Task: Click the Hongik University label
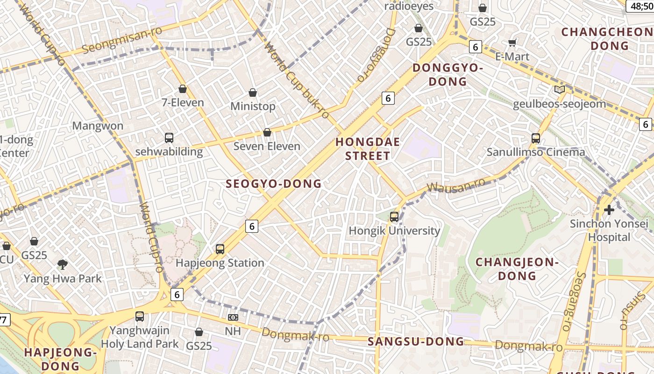click(x=395, y=231)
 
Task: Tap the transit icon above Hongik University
click(x=394, y=217)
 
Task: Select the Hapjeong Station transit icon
click(x=220, y=249)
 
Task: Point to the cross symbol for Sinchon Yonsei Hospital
click(x=609, y=210)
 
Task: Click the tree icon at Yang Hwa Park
click(x=62, y=265)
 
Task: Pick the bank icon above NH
click(x=233, y=317)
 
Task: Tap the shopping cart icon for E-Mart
click(x=512, y=43)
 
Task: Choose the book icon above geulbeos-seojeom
click(x=559, y=90)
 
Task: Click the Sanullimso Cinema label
click(x=536, y=152)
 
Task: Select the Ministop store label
click(x=253, y=107)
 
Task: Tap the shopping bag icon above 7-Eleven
click(x=183, y=89)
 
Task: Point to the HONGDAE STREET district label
click(x=368, y=149)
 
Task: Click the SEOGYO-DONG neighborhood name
click(x=274, y=184)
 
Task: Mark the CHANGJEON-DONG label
click(x=517, y=269)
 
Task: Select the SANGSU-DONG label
click(x=416, y=342)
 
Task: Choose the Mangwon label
click(x=98, y=126)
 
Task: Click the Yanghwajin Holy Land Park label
click(x=140, y=337)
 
